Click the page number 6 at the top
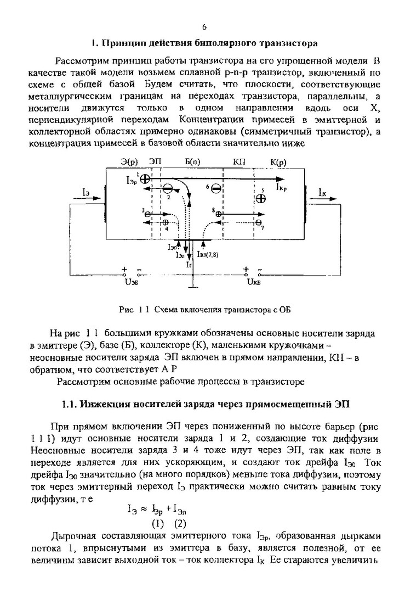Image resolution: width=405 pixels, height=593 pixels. coord(204,26)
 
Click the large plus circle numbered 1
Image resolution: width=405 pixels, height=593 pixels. coord(145,178)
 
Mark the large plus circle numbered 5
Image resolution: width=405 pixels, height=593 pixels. coord(261,199)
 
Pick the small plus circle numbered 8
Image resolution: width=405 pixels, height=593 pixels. coord(219,213)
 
